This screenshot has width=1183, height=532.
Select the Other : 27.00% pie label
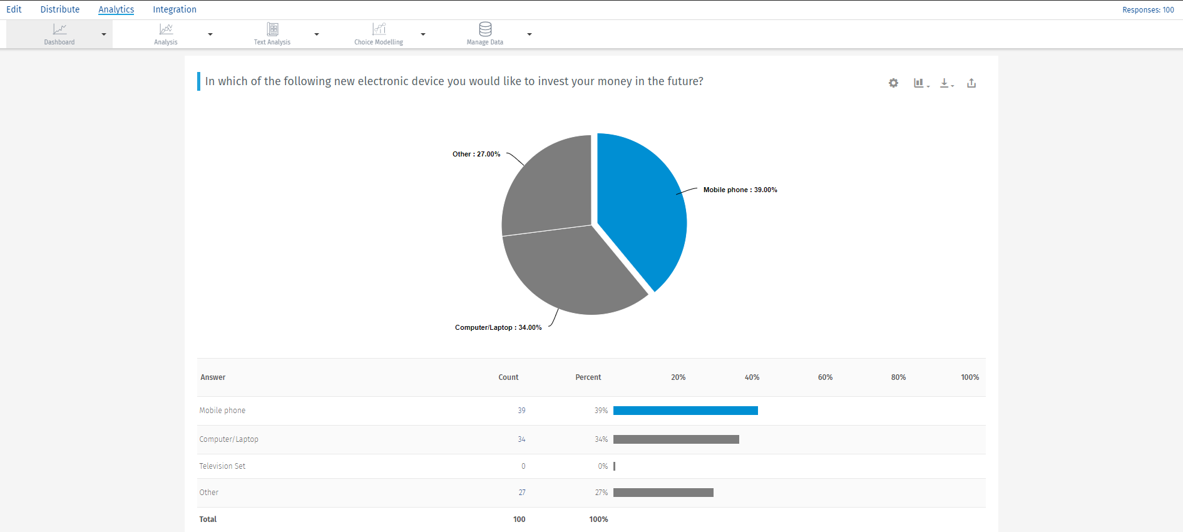coord(476,154)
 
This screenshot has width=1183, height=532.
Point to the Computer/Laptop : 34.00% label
coord(498,327)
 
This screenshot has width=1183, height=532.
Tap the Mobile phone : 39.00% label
coord(740,190)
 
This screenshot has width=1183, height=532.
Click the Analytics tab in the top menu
coord(116,9)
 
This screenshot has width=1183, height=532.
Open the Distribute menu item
coord(60,9)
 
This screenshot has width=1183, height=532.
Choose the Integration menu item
coord(175,9)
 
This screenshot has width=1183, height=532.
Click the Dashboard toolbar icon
coord(59,29)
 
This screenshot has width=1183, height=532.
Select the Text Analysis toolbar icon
coord(272,29)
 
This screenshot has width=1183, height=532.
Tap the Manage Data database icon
coord(485,29)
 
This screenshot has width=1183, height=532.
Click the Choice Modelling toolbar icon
coord(379,29)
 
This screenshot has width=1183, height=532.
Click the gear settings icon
coord(893,83)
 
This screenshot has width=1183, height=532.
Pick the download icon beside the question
coord(945,83)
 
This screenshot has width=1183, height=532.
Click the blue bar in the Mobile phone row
coord(685,411)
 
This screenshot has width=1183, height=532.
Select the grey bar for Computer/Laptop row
coord(676,439)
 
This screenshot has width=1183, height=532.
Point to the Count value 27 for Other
coord(522,493)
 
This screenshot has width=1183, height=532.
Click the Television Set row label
coord(222,466)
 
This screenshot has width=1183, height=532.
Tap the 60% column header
coord(825,377)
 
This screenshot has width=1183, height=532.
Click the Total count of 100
coord(519,519)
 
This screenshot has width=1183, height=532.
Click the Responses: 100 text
coord(1148,10)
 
